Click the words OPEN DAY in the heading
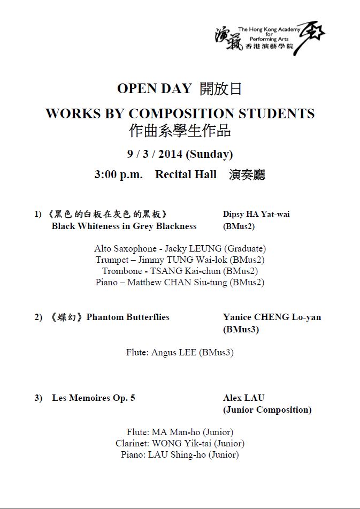click(x=154, y=88)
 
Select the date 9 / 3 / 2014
click(x=155, y=154)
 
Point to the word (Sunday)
click(x=209, y=154)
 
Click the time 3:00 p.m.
click(x=118, y=174)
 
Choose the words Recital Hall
click(x=186, y=174)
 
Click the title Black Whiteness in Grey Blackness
click(x=124, y=226)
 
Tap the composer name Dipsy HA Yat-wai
click(x=256, y=214)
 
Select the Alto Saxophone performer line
click(x=180, y=248)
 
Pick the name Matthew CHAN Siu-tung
click(x=177, y=282)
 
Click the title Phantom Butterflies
click(x=128, y=317)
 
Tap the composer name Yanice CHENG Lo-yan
click(x=272, y=317)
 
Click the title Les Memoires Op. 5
click(x=94, y=398)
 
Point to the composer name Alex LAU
click(x=243, y=398)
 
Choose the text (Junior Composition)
click(x=267, y=410)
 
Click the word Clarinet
click(x=132, y=443)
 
